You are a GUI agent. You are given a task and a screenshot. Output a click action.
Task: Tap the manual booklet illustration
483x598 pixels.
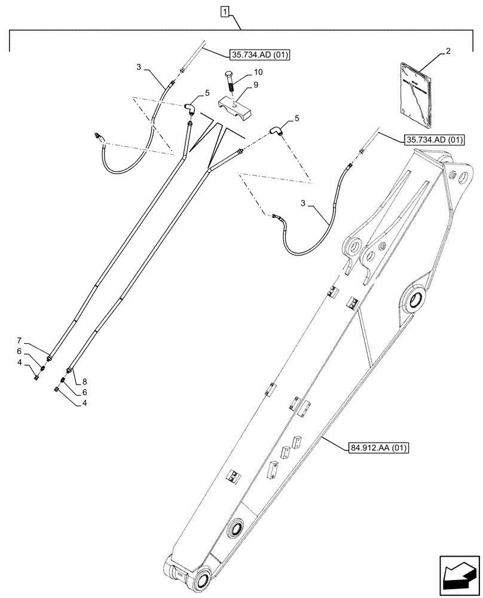415,98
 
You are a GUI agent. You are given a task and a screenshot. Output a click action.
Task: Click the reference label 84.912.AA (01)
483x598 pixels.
376,447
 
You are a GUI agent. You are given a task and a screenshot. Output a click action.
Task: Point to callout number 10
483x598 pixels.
258,72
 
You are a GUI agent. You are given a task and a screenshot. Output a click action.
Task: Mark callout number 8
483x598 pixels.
84,380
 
